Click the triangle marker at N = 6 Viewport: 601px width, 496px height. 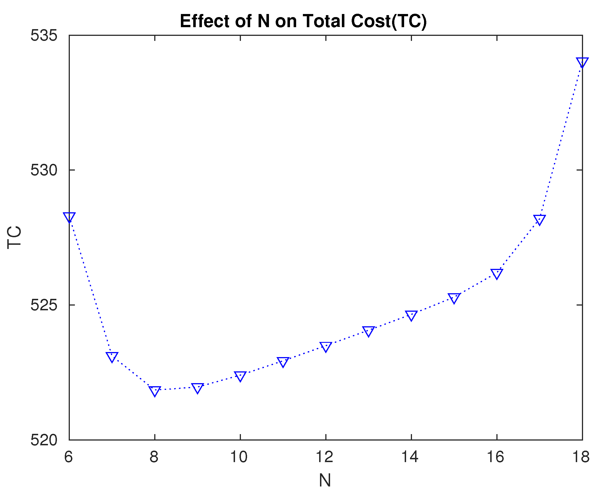[69, 217]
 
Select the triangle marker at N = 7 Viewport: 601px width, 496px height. [112, 357]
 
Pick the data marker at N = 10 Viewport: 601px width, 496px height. [240, 376]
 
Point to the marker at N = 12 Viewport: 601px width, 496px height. [326, 346]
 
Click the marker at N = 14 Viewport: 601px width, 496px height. [411, 315]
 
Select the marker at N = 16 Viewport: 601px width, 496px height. [497, 273]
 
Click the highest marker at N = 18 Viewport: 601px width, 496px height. [582, 62]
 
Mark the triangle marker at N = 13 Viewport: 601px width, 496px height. [369, 331]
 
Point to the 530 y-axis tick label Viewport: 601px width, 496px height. [44, 170]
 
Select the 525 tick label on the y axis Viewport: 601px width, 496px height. [44, 305]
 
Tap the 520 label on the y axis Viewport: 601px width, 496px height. [44, 440]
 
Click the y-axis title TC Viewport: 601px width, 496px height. [14, 237]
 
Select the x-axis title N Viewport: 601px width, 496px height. [325, 480]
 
